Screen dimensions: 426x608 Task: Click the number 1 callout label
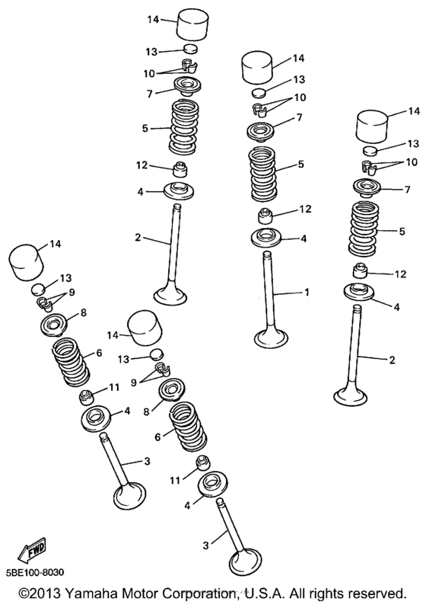coord(307,292)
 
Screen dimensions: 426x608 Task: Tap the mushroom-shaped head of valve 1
coord(272,338)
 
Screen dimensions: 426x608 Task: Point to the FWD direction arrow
coord(33,551)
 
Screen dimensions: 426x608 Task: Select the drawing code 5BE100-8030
coord(35,572)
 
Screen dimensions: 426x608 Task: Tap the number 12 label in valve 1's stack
coord(305,209)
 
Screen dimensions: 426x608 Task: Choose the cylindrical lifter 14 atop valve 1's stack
coord(257,67)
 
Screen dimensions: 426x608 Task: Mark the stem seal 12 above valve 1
coord(265,216)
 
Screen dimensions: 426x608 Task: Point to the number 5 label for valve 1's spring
coord(301,164)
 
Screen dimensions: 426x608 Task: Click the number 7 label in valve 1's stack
coord(300,117)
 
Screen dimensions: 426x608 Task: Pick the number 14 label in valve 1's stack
coord(299,58)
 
